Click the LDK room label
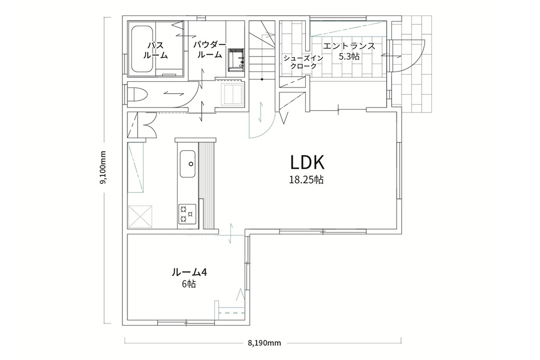click(x=307, y=163)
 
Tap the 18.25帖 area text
click(x=306, y=180)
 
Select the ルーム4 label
click(x=189, y=272)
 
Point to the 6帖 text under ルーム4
click(x=189, y=284)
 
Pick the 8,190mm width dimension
click(x=264, y=343)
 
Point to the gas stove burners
click(x=187, y=213)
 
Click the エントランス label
click(x=349, y=46)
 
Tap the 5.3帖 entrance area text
click(x=349, y=57)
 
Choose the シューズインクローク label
click(x=303, y=62)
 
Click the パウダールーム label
click(x=209, y=50)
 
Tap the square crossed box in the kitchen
click(x=140, y=217)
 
